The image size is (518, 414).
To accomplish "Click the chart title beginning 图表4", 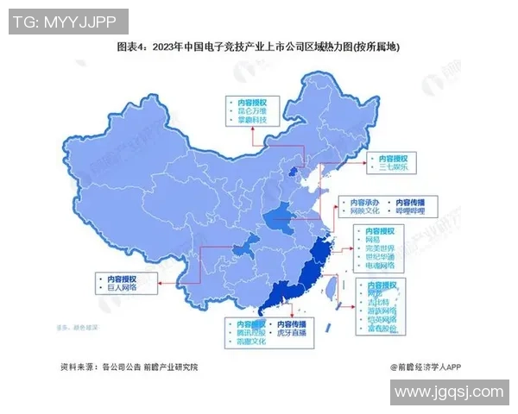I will (x=259, y=47).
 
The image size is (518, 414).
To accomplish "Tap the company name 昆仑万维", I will (x=253, y=111).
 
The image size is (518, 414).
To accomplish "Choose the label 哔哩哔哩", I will (x=410, y=210).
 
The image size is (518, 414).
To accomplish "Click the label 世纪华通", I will (x=380, y=258).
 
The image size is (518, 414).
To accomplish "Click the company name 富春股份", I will (x=382, y=328).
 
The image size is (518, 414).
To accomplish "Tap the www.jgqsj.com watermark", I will (x=448, y=392).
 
